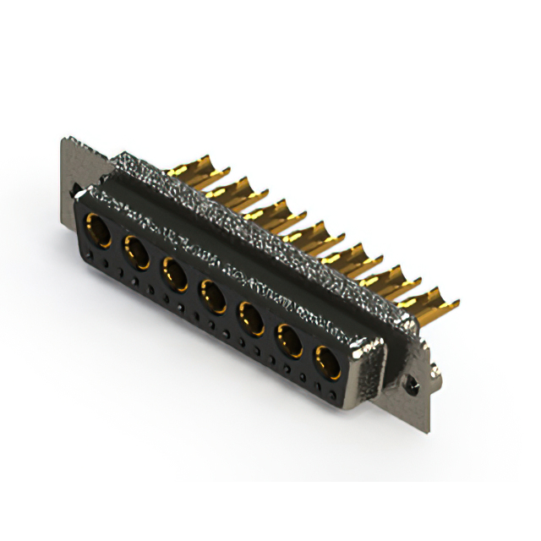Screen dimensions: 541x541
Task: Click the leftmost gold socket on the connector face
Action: (x=99, y=231)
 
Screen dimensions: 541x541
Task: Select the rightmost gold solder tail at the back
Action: (x=431, y=300)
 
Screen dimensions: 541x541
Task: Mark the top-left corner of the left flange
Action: (x=65, y=139)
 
